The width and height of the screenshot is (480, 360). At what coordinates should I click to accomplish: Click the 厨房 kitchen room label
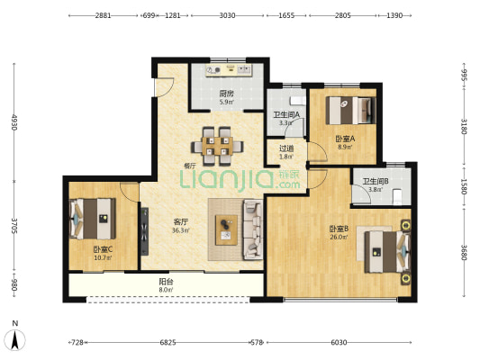[x=227, y=93]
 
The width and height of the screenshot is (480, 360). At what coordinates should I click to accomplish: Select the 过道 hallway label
[x=285, y=148]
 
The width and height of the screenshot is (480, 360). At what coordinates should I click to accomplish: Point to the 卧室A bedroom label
[x=345, y=139]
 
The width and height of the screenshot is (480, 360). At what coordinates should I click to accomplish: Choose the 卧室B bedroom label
[x=340, y=229]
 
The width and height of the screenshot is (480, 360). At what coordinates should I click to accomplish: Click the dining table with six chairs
[x=216, y=146]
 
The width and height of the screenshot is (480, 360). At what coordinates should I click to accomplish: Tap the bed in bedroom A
[x=349, y=109]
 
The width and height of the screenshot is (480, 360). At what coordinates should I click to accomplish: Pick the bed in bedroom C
[x=93, y=217]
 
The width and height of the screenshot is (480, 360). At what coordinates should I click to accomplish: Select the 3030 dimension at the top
[x=227, y=15]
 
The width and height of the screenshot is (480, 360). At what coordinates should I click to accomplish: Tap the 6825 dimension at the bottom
[x=168, y=343]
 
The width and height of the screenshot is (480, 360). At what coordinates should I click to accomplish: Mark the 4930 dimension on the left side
[x=14, y=121]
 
